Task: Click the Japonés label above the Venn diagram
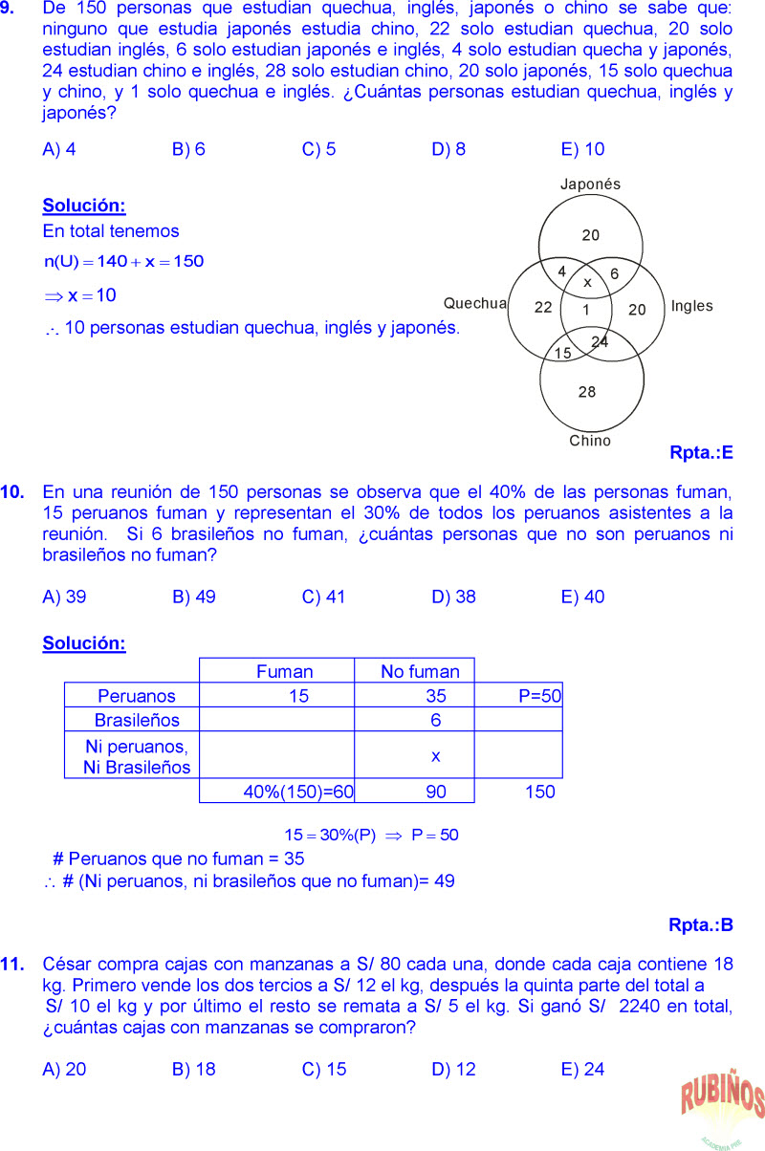click(x=590, y=185)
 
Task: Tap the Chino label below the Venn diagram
click(x=590, y=441)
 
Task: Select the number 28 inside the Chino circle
click(x=587, y=392)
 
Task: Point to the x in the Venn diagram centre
click(x=587, y=283)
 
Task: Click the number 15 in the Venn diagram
click(x=563, y=353)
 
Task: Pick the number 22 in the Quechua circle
click(x=543, y=308)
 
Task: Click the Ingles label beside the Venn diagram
click(x=691, y=306)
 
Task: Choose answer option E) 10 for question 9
click(x=582, y=149)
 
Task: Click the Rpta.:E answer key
click(x=701, y=453)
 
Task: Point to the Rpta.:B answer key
click(x=701, y=925)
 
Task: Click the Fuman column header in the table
click(x=284, y=672)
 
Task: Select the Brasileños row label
click(x=137, y=720)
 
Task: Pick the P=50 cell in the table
click(x=540, y=696)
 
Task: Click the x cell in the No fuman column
click(x=435, y=755)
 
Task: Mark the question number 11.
click(x=12, y=965)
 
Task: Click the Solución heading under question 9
click(x=84, y=206)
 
